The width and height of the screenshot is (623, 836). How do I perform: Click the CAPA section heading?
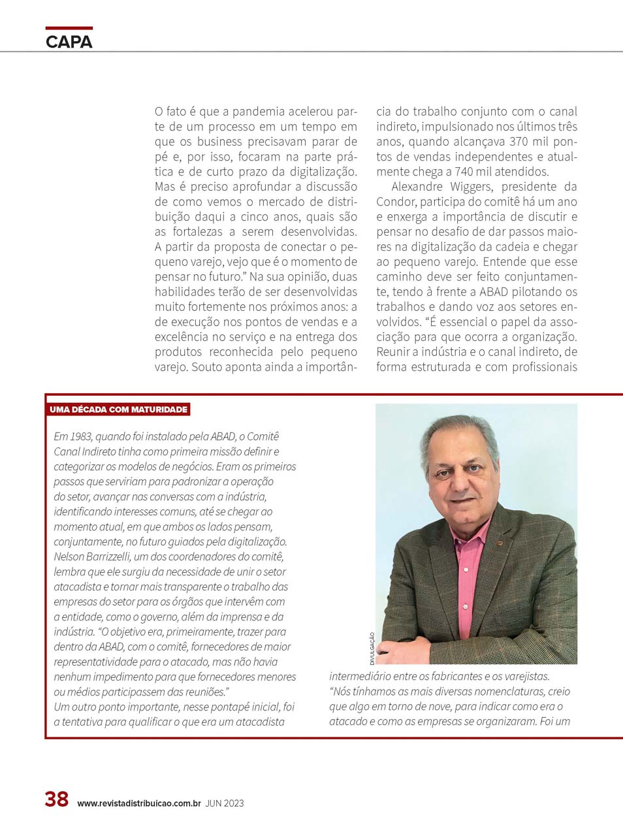tap(69, 42)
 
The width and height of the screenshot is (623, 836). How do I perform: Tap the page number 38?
tap(57, 799)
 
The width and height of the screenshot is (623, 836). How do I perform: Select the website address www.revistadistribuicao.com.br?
tap(139, 803)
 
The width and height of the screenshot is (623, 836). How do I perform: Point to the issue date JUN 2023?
tap(224, 803)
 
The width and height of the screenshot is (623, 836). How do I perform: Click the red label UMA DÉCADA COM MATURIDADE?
tap(118, 410)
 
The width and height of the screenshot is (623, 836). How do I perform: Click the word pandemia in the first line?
tap(259, 112)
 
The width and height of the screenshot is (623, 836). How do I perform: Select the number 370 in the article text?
tap(519, 142)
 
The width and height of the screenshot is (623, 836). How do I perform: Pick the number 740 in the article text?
tap(464, 172)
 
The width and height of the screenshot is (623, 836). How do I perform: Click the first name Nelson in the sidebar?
tap(69, 556)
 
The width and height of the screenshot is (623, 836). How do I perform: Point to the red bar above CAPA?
tap(69, 28)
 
